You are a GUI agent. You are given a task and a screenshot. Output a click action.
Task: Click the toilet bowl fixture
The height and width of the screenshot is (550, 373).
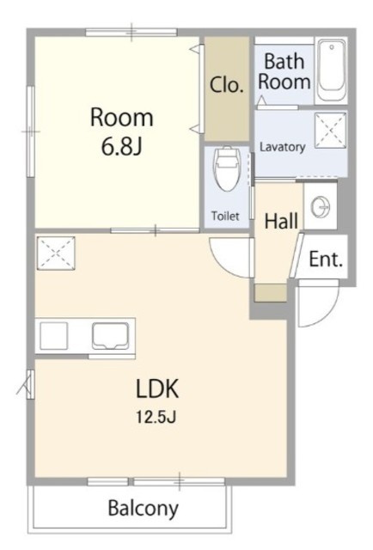[228, 168]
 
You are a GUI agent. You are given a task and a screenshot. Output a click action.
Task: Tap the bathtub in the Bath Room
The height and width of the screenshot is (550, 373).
[331, 70]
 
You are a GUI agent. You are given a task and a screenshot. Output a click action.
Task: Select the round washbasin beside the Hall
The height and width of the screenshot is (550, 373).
[321, 207]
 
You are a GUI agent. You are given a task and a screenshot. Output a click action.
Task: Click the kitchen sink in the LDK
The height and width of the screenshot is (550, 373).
[110, 336]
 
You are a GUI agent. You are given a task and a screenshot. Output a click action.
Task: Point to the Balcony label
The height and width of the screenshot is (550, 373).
[144, 509]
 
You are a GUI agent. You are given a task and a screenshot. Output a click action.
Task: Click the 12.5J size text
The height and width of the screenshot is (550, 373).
[156, 417]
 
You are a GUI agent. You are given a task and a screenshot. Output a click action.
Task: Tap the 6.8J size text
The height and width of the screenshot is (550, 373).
[121, 147]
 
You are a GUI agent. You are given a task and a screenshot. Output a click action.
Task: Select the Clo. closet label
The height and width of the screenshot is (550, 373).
[227, 85]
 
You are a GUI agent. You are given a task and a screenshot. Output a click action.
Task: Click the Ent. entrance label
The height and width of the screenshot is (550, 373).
[326, 260]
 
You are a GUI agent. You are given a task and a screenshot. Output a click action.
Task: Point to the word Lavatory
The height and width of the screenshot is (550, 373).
[282, 147]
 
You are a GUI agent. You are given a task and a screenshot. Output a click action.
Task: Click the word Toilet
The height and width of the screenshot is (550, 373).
[225, 216]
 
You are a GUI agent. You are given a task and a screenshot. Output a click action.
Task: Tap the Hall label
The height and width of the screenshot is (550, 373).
[281, 222]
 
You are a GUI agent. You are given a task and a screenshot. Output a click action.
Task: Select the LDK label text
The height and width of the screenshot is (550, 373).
[157, 388]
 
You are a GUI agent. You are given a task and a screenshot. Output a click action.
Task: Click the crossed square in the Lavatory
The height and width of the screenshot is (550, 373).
[330, 130]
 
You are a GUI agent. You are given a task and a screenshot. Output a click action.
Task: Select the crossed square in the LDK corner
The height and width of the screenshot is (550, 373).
[56, 254]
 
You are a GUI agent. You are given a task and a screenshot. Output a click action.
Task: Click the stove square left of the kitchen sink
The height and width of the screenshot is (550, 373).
[53, 336]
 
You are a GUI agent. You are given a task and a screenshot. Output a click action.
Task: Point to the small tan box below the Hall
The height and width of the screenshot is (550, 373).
[271, 293]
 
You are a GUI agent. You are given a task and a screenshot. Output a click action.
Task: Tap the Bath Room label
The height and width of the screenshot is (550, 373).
[284, 71]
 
